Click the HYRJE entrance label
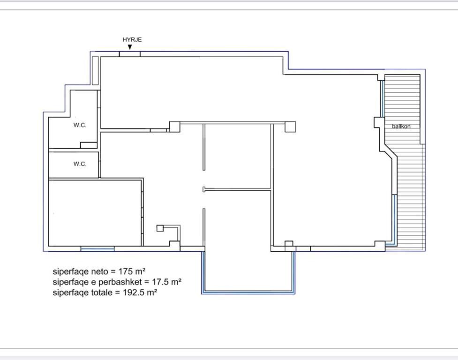[x=132, y=40]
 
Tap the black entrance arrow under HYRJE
[x=130, y=47]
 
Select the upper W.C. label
[x=80, y=125]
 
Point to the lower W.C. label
[x=80, y=164]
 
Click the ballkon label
[x=401, y=126]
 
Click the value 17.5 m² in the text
[x=167, y=282]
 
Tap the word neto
[x=99, y=271]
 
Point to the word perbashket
[x=120, y=282]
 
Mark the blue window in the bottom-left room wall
[x=98, y=249]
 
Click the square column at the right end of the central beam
[x=290, y=127]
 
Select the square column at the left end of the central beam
[x=175, y=127]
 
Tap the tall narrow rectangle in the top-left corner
[x=95, y=71]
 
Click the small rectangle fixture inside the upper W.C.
[x=89, y=145]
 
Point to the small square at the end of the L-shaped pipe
[x=160, y=228]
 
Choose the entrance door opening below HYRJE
[x=130, y=54]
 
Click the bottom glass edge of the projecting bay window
[x=248, y=292]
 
